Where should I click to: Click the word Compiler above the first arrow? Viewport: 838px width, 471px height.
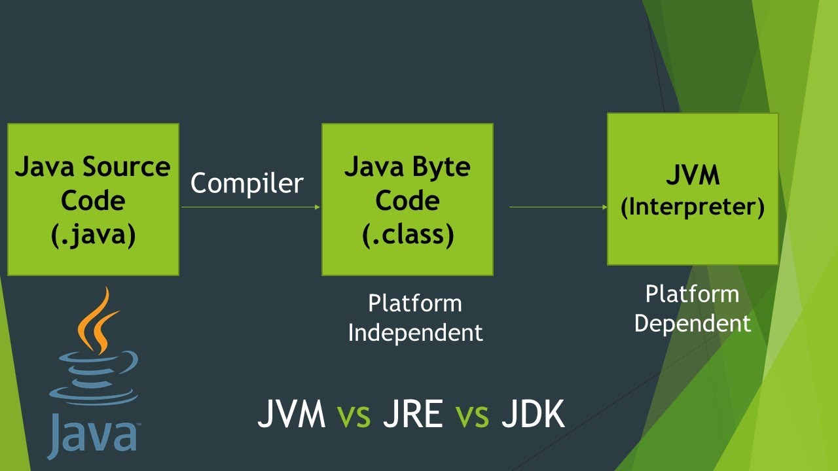pyautogui.click(x=247, y=184)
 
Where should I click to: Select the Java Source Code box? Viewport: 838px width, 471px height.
pyautogui.click(x=93, y=200)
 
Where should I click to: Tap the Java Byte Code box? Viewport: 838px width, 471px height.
pyautogui.click(x=407, y=200)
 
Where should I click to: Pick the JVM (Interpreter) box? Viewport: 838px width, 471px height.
pyautogui.click(x=693, y=189)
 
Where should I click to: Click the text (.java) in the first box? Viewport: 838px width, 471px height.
pyautogui.click(x=93, y=234)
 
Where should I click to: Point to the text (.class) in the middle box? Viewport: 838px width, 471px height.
pyautogui.click(x=407, y=234)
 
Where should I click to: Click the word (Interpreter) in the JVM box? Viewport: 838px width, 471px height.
pyautogui.click(x=693, y=207)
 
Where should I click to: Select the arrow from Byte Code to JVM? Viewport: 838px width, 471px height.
pyautogui.click(x=558, y=207)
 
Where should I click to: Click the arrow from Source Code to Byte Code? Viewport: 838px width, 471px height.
pyautogui.click(x=251, y=207)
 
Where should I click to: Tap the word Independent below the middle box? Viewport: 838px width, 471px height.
pyautogui.click(x=415, y=332)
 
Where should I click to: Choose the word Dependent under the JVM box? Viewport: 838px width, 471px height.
pyautogui.click(x=693, y=323)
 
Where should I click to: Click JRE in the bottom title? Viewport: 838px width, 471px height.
pyautogui.click(x=412, y=415)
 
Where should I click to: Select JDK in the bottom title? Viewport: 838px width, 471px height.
pyautogui.click(x=533, y=415)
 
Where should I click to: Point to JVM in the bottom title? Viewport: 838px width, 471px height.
pyautogui.click(x=291, y=415)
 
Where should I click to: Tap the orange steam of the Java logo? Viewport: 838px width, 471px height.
pyautogui.click(x=98, y=321)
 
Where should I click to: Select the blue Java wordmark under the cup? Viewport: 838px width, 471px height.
pyautogui.click(x=92, y=433)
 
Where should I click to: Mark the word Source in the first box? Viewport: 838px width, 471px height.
pyautogui.click(x=126, y=167)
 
